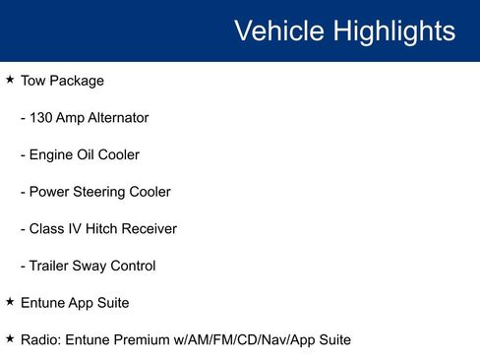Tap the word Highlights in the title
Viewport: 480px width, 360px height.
393,30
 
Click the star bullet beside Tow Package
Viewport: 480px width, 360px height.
10,79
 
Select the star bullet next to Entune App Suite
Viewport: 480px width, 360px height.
10,301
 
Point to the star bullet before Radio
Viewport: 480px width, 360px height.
10,338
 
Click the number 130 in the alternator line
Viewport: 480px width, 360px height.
42,117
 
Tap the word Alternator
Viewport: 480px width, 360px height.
117,117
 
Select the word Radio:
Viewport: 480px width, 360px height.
41,339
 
